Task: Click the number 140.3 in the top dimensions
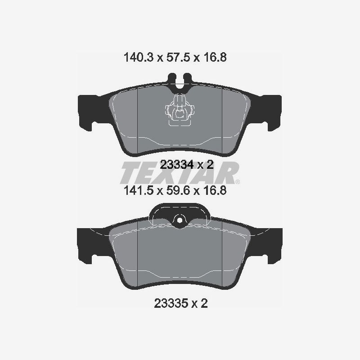pyautogui.click(x=138, y=57)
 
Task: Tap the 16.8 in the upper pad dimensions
pyautogui.click(x=215, y=57)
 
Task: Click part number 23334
pyautogui.click(x=176, y=165)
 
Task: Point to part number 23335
pyautogui.click(x=171, y=303)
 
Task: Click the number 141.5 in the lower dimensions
pyautogui.click(x=138, y=190)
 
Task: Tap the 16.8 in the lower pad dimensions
pyautogui.click(x=215, y=190)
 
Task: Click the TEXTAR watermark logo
pyautogui.click(x=180, y=173)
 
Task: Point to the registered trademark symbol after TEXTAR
pyautogui.click(x=238, y=182)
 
